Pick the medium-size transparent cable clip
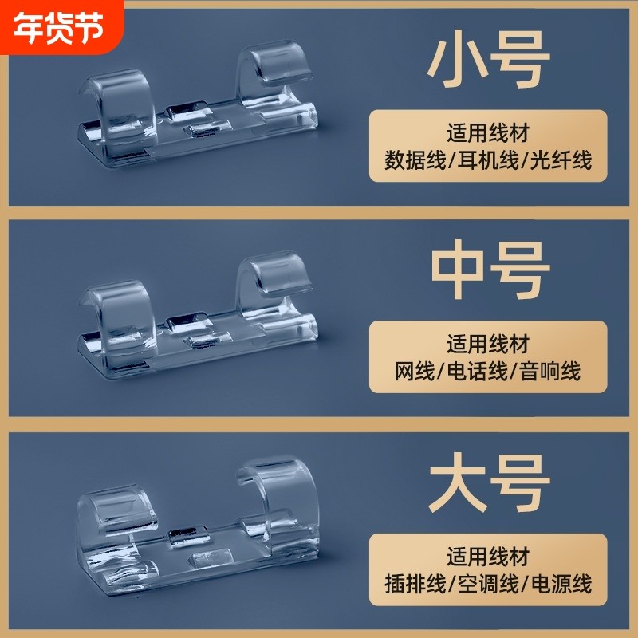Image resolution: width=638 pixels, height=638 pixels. point(199,319)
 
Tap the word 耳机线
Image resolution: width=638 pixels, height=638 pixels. point(488,160)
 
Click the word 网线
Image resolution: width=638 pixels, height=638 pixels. point(418,371)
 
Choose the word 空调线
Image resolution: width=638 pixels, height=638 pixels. point(488,583)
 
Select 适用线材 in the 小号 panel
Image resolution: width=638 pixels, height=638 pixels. point(488,132)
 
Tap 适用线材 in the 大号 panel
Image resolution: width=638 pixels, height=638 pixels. point(488,555)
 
